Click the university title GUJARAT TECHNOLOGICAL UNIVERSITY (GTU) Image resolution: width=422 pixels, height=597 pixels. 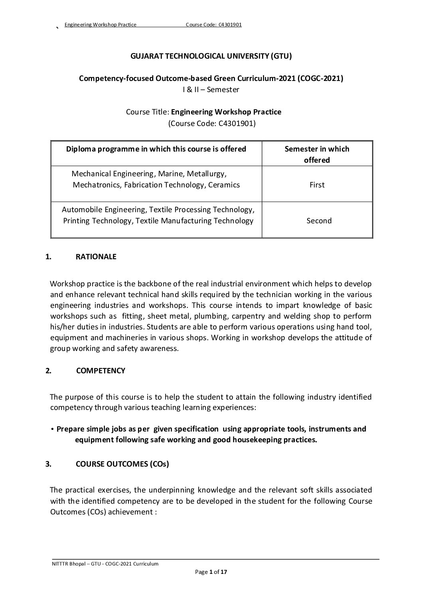(x=211, y=56)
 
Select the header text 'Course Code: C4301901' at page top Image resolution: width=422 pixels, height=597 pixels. (x=213, y=25)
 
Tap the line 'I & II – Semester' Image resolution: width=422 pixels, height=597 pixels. (x=211, y=89)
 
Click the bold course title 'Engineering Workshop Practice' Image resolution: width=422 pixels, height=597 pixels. (x=226, y=112)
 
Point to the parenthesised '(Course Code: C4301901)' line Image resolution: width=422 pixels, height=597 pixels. (x=212, y=123)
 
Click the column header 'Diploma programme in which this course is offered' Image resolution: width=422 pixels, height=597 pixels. (x=156, y=149)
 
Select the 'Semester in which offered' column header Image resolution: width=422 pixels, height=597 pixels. (x=317, y=154)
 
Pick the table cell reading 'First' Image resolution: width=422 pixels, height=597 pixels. (x=317, y=185)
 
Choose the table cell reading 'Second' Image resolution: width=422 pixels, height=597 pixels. (x=319, y=221)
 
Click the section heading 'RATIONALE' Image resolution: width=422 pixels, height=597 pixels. (x=96, y=256)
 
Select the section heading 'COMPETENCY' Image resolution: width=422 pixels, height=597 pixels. (x=100, y=370)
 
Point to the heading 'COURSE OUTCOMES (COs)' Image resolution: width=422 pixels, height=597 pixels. (x=122, y=464)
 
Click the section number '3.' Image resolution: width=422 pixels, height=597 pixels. (x=48, y=464)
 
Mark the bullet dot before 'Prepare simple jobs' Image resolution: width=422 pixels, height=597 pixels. (x=53, y=429)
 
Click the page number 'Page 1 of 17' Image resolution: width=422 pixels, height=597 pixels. (x=211, y=572)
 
